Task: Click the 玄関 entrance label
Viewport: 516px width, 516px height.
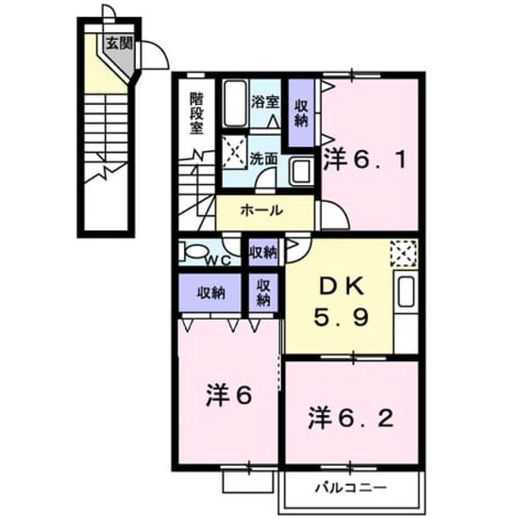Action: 119,43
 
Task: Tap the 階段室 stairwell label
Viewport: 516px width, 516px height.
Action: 197,113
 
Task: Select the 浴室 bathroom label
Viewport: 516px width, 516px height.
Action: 265,102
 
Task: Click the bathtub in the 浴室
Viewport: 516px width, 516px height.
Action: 235,103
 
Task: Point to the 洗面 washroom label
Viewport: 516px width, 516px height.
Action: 264,159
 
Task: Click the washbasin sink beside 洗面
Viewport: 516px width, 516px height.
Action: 301,171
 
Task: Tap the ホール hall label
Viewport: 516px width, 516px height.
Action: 262,210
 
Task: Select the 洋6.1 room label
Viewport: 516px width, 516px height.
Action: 364,160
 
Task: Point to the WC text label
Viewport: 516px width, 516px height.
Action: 219,260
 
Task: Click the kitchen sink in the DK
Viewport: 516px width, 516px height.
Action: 405,292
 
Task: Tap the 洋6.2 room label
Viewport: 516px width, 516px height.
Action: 351,419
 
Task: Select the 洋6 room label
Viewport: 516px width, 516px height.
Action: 229,396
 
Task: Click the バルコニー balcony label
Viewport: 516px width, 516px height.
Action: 351,487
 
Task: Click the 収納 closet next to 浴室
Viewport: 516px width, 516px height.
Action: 301,113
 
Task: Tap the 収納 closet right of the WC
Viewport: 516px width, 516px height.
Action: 263,252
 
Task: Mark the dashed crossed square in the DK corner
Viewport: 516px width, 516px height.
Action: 404,253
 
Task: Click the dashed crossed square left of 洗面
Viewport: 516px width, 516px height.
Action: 234,152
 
